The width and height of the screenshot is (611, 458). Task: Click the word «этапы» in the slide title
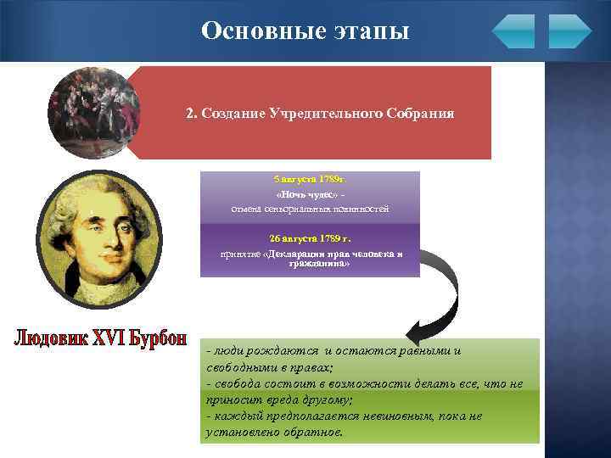click(x=369, y=31)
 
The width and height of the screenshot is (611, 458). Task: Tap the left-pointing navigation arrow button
click(x=513, y=31)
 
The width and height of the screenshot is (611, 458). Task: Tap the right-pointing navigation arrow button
click(x=569, y=31)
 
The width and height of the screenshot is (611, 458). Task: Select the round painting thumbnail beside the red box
click(x=94, y=113)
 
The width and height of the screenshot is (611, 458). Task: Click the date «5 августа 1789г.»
click(x=310, y=180)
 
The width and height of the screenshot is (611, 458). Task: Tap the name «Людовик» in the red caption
click(x=53, y=338)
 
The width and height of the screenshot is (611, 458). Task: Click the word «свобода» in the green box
click(x=239, y=383)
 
